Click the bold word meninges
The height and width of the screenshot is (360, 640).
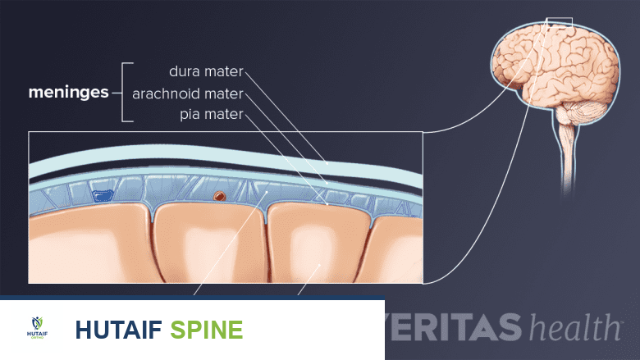tap(69, 93)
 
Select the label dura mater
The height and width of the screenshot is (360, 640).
tap(206, 72)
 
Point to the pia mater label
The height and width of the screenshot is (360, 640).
tap(212, 114)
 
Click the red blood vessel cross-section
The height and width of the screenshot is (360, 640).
tap(219, 197)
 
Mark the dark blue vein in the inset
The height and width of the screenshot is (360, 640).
tap(103, 196)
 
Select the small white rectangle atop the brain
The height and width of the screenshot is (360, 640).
tap(560, 23)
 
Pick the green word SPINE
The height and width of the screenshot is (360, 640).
tap(207, 330)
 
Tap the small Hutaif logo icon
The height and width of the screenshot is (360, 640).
tap(35, 327)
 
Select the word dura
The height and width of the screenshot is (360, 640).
tap(185, 72)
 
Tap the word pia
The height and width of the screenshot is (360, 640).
tap(190, 115)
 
